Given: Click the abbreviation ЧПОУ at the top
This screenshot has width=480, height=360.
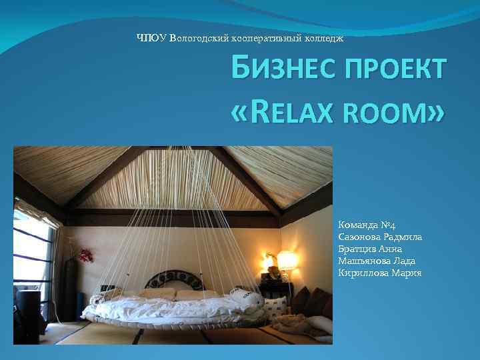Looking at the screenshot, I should coord(151,37).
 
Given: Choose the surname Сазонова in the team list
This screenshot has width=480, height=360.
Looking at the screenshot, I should coord(361,238).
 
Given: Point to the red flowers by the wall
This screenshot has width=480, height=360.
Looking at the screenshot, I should coord(85,255).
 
